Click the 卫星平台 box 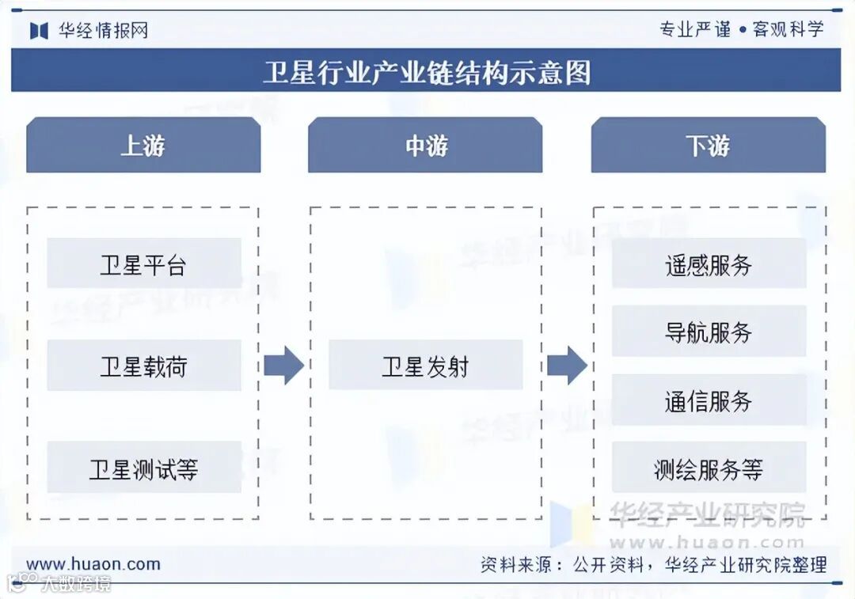click(143, 263)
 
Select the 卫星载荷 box click(143, 366)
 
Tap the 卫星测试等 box click(143, 468)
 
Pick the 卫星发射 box click(425, 366)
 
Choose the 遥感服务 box click(709, 263)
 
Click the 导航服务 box click(709, 332)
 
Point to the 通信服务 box click(709, 400)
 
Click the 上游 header click(143, 146)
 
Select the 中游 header click(425, 146)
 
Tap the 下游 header click(709, 146)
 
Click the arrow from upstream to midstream click(283, 366)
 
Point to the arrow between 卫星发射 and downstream click(567, 366)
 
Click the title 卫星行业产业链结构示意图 click(427, 72)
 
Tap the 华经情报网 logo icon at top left click(40, 31)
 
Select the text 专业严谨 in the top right click(695, 29)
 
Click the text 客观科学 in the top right click(788, 29)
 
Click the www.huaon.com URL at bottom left click(93, 564)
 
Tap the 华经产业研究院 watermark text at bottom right click(706, 514)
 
